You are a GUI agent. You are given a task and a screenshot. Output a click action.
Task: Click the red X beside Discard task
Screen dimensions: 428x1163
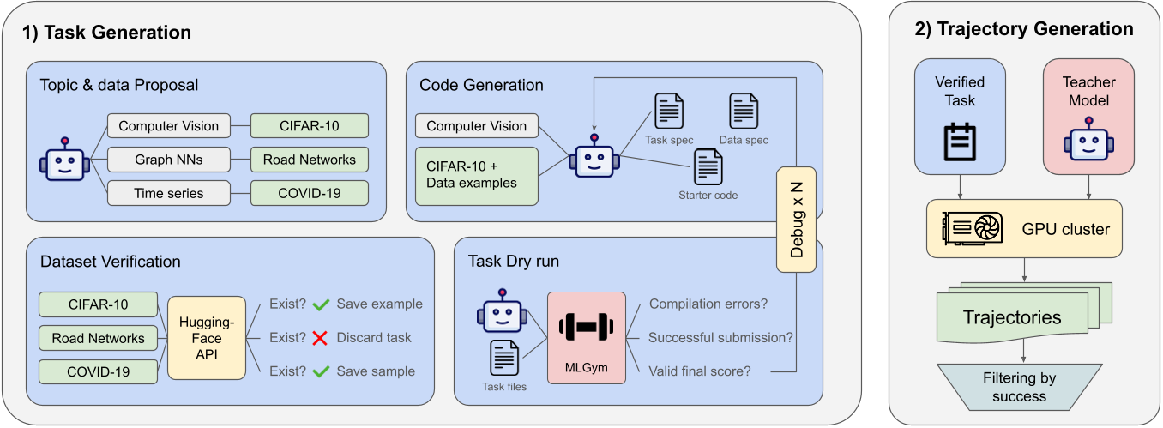321,338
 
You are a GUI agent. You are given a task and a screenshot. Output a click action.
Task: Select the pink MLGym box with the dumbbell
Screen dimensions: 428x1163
585,337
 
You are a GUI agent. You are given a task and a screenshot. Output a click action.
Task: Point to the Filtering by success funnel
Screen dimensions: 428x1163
1020,387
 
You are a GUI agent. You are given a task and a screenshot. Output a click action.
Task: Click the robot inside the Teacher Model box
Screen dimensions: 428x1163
1088,142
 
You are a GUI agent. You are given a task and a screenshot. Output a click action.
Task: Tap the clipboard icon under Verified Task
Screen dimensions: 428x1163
960,142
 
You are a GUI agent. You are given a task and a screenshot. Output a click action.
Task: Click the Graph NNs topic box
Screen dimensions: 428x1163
169,160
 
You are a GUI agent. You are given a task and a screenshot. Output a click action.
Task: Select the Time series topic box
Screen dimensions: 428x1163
169,193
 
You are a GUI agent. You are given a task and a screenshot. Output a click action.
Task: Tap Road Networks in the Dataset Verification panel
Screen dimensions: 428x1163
99,338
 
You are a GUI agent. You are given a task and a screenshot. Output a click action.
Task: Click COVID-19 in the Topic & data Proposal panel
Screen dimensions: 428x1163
309,193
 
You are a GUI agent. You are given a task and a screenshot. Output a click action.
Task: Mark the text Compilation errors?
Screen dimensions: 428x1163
708,304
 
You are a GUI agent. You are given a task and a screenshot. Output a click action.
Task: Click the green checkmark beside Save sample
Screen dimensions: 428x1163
322,371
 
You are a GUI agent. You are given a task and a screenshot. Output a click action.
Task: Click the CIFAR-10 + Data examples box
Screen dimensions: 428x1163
476,175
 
